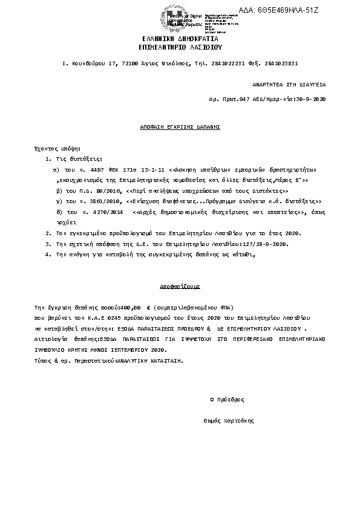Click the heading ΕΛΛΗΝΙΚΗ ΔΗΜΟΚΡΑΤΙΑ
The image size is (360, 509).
(x=180, y=38)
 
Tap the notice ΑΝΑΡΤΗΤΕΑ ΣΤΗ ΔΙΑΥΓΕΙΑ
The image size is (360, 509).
(x=289, y=86)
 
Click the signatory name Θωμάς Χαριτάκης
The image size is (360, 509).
(x=229, y=421)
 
